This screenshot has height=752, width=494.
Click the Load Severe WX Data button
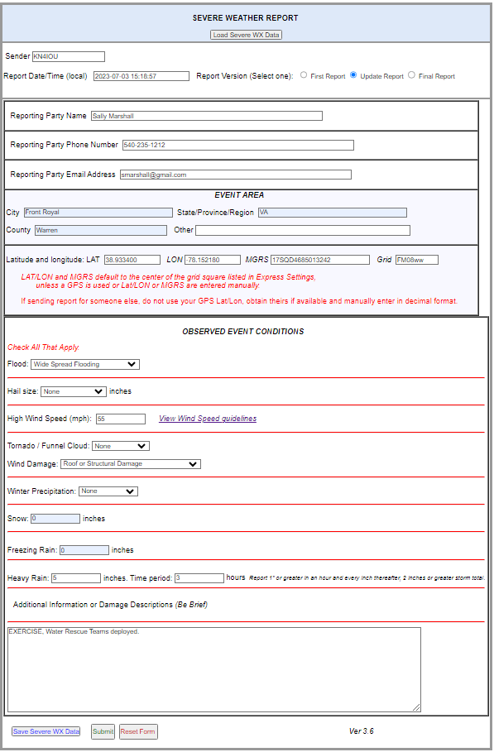[246, 35]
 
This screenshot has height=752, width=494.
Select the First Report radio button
[304, 75]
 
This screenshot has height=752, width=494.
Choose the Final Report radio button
[411, 75]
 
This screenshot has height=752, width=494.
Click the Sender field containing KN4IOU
[68, 57]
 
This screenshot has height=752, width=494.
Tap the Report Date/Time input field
[141, 76]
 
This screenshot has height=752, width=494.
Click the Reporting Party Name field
[206, 116]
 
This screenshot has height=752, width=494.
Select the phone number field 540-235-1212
[237, 145]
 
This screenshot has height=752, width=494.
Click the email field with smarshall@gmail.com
[235, 175]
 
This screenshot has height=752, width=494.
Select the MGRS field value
[319, 260]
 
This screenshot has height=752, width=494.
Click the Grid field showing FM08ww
[416, 260]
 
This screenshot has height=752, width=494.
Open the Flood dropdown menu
[85, 364]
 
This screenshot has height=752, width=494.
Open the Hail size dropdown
[74, 391]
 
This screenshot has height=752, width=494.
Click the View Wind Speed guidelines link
[208, 419]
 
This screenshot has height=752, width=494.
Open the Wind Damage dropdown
[131, 464]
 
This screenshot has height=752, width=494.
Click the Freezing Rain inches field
[84, 550]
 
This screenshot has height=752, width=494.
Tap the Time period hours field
[199, 577]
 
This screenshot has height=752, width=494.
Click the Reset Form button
[138, 731]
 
